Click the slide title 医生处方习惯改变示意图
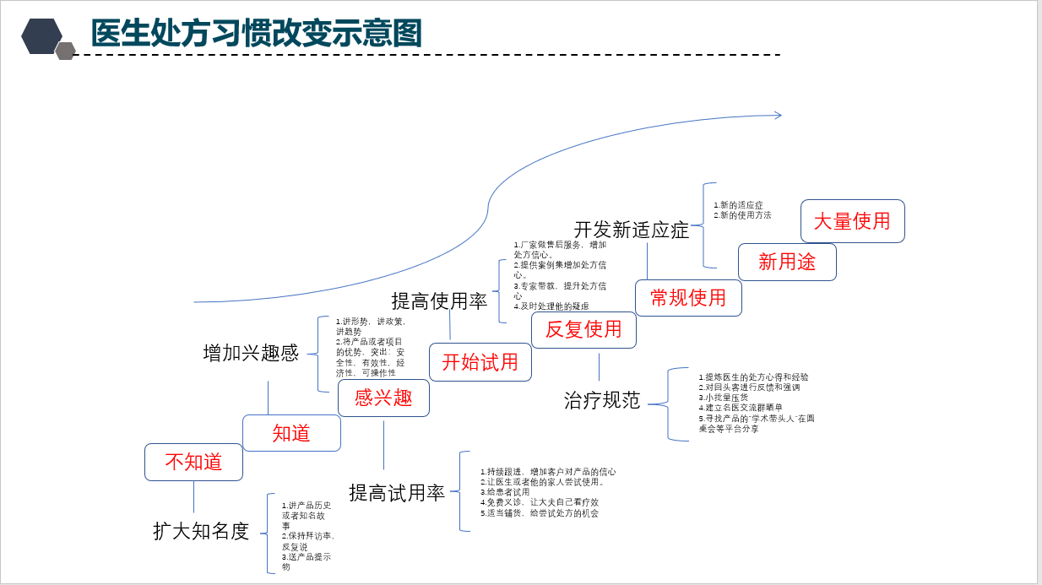[256, 34]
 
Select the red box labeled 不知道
[193, 462]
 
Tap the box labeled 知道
[291, 433]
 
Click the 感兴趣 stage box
[383, 398]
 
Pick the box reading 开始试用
[480, 362]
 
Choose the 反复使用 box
[583, 329]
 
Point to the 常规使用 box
[688, 298]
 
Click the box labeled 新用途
[787, 262]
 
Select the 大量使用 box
[852, 221]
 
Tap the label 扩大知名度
[201, 531]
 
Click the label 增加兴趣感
[251, 353]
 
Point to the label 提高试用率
[397, 493]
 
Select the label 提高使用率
[439, 301]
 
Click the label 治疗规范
[602, 400]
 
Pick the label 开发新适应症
[632, 230]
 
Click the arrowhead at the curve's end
[778, 115]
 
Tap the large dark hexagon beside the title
[41, 36]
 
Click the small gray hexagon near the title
[65, 51]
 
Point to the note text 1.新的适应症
[738, 205]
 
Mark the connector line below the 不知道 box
[193, 497]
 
